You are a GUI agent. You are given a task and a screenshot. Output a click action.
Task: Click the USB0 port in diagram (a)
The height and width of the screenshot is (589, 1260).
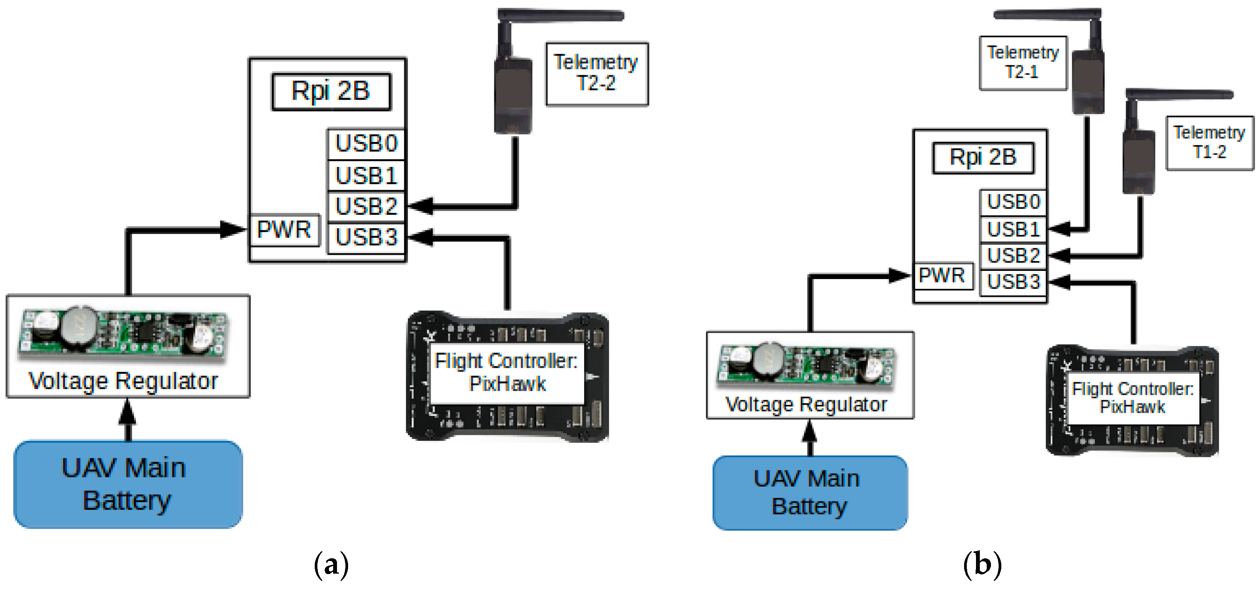tap(366, 144)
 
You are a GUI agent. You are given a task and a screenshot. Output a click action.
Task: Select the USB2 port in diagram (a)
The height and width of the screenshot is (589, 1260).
tap(366, 206)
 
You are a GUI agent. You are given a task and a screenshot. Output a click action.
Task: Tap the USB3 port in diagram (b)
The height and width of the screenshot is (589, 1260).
tap(1013, 282)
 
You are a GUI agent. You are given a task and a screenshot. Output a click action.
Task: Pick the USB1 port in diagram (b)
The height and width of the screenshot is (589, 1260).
tap(1013, 229)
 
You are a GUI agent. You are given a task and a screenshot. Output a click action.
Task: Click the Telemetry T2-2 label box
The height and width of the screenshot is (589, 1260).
tap(597, 73)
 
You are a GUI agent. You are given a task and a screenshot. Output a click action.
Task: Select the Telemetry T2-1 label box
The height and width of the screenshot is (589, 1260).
tap(1022, 63)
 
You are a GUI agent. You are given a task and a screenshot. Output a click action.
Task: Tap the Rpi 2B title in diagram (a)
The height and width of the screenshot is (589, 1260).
tap(331, 91)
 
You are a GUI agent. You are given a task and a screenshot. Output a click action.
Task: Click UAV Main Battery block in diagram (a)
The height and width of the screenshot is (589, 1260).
tap(128, 484)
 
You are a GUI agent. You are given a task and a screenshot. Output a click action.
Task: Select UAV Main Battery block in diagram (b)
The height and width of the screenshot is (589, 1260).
tap(809, 492)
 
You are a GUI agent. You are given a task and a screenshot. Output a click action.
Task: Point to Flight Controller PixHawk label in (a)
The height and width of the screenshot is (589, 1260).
tap(507, 372)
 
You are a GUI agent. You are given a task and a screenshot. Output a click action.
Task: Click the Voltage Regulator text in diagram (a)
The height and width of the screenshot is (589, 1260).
tap(123, 381)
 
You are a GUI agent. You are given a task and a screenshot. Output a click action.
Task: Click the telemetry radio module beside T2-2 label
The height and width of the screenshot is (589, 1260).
tap(513, 96)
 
